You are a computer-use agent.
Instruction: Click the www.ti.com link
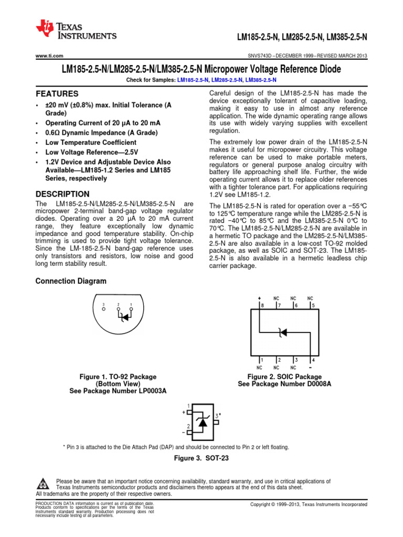pos(49,56)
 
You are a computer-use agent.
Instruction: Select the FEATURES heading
pos(57,94)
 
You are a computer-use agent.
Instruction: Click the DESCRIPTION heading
pos(62,194)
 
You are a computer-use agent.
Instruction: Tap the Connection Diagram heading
pos(71,281)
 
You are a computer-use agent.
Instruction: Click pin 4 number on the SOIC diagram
pos(314,360)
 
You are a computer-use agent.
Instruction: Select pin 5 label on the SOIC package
pos(313,305)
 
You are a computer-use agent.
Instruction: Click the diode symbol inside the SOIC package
pos(282,331)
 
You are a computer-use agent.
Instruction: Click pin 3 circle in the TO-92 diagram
pos(104,309)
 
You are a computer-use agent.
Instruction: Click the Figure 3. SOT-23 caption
pos(201,458)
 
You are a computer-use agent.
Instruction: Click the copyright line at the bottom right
pos(309,504)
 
